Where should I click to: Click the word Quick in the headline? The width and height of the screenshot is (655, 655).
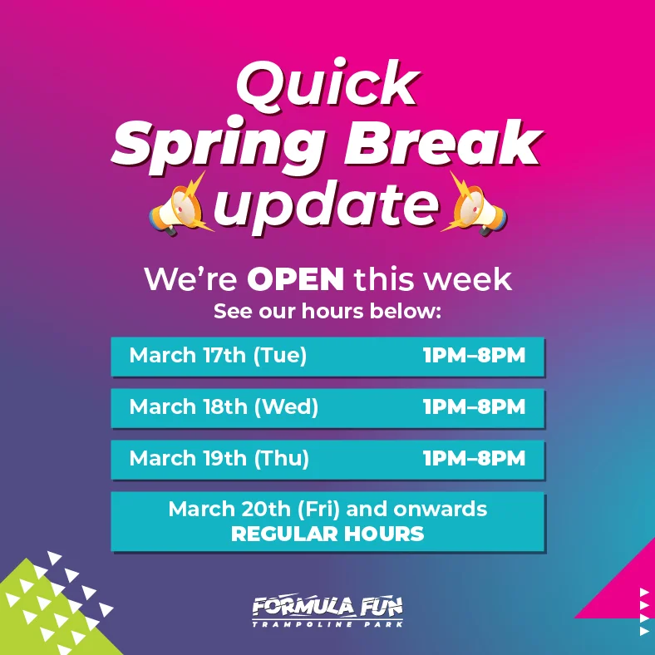point(327,86)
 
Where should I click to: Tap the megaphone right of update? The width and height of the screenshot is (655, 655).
point(475,204)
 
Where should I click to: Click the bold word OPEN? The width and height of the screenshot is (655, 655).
point(295,280)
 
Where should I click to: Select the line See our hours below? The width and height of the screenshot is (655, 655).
point(327,313)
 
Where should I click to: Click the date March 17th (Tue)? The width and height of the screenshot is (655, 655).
point(218,356)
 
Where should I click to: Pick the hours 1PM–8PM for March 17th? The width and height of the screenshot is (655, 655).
point(474,356)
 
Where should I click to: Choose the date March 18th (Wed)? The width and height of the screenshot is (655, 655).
point(224,407)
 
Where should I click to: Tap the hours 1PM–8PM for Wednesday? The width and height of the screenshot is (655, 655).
point(474,407)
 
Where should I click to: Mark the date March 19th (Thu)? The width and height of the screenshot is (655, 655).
point(219,459)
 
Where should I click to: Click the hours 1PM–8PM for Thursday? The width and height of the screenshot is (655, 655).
point(474,459)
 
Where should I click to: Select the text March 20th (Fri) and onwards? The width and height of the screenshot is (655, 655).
point(327,509)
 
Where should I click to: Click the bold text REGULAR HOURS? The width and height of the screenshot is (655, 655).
point(327,534)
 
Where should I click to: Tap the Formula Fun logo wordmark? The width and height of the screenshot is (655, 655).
point(327,606)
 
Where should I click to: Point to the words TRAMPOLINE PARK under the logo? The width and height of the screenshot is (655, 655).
point(327,623)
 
